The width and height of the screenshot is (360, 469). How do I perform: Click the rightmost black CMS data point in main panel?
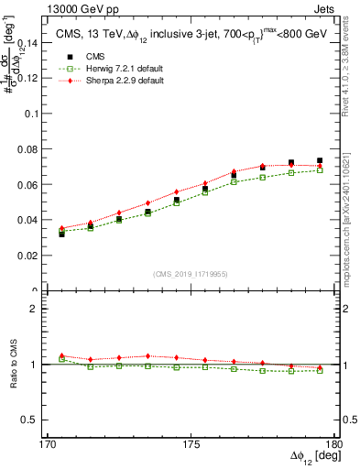tap(320, 161)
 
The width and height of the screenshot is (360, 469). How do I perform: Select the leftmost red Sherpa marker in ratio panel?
tap(62, 355)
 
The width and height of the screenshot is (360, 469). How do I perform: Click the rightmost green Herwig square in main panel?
tap(320, 170)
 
